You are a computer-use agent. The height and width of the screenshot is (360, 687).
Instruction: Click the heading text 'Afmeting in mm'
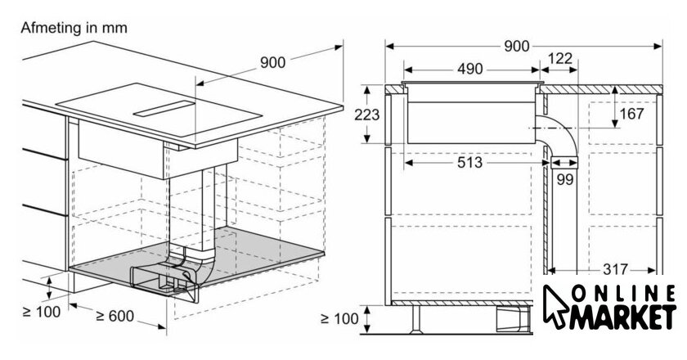(x=74, y=28)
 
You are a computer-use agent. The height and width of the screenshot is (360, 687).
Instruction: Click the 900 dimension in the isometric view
(x=272, y=63)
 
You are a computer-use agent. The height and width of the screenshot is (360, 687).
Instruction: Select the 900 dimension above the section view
(x=517, y=46)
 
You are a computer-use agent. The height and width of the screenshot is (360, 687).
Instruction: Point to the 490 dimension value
(x=470, y=69)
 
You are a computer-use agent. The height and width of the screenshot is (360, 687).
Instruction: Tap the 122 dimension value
(x=560, y=58)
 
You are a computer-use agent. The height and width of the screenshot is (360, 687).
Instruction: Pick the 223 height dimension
(x=366, y=115)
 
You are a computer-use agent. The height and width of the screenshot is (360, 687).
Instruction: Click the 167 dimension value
(x=631, y=114)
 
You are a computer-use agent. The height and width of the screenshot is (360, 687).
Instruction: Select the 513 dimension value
(x=469, y=163)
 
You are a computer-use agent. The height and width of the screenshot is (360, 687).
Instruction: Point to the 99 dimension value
(x=565, y=179)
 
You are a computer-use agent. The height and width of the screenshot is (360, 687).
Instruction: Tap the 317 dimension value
(x=616, y=269)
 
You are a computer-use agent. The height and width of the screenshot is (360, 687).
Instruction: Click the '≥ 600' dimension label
(x=114, y=316)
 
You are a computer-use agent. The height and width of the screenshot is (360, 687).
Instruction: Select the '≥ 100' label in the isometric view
(x=41, y=313)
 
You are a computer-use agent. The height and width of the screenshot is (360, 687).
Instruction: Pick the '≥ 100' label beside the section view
(x=339, y=319)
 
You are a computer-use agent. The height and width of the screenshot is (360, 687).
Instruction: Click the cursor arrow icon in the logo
(x=556, y=306)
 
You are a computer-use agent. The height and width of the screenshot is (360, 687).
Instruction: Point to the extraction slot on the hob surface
(x=164, y=109)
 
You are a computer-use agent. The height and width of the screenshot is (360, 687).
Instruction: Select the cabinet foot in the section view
(x=415, y=320)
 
